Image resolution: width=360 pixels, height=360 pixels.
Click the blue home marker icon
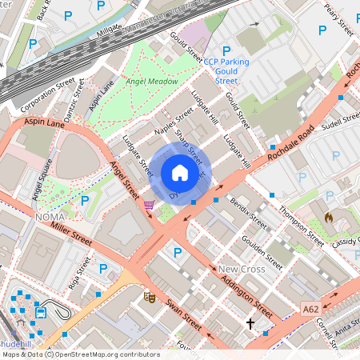180,173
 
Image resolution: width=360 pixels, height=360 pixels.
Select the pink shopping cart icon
149,205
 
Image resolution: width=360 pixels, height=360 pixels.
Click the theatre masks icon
149,297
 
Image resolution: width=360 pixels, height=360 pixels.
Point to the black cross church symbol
250,324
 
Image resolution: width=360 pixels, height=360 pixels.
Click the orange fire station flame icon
328,217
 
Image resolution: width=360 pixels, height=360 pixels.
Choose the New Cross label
241,269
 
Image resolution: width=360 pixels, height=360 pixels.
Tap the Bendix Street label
241,210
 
